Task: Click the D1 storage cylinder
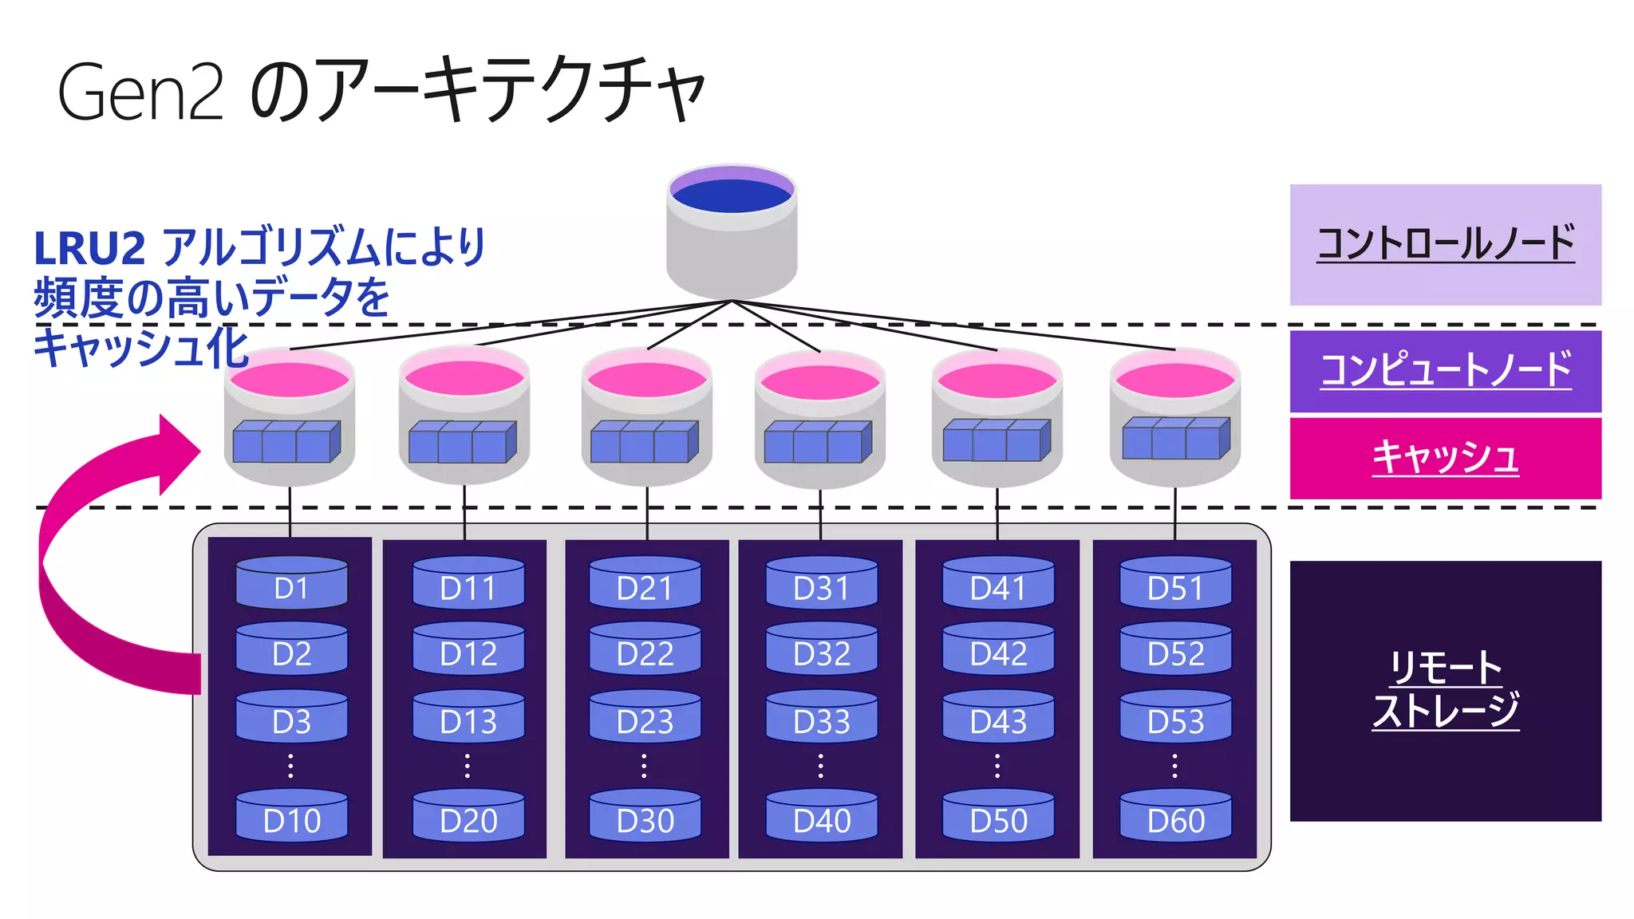(x=291, y=583)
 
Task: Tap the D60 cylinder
(x=1175, y=817)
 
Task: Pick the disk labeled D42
(x=998, y=650)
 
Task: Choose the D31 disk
(x=822, y=583)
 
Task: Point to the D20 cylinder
(x=468, y=817)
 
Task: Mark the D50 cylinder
(x=998, y=817)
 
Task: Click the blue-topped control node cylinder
(x=732, y=231)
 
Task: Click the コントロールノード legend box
(x=1445, y=245)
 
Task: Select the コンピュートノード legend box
(x=1445, y=371)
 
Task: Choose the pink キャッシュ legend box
(x=1445, y=458)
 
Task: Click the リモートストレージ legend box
(x=1445, y=691)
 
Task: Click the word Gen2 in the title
(x=140, y=93)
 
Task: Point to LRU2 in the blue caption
(x=89, y=248)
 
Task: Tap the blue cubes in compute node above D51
(x=1175, y=439)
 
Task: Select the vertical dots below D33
(x=821, y=765)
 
